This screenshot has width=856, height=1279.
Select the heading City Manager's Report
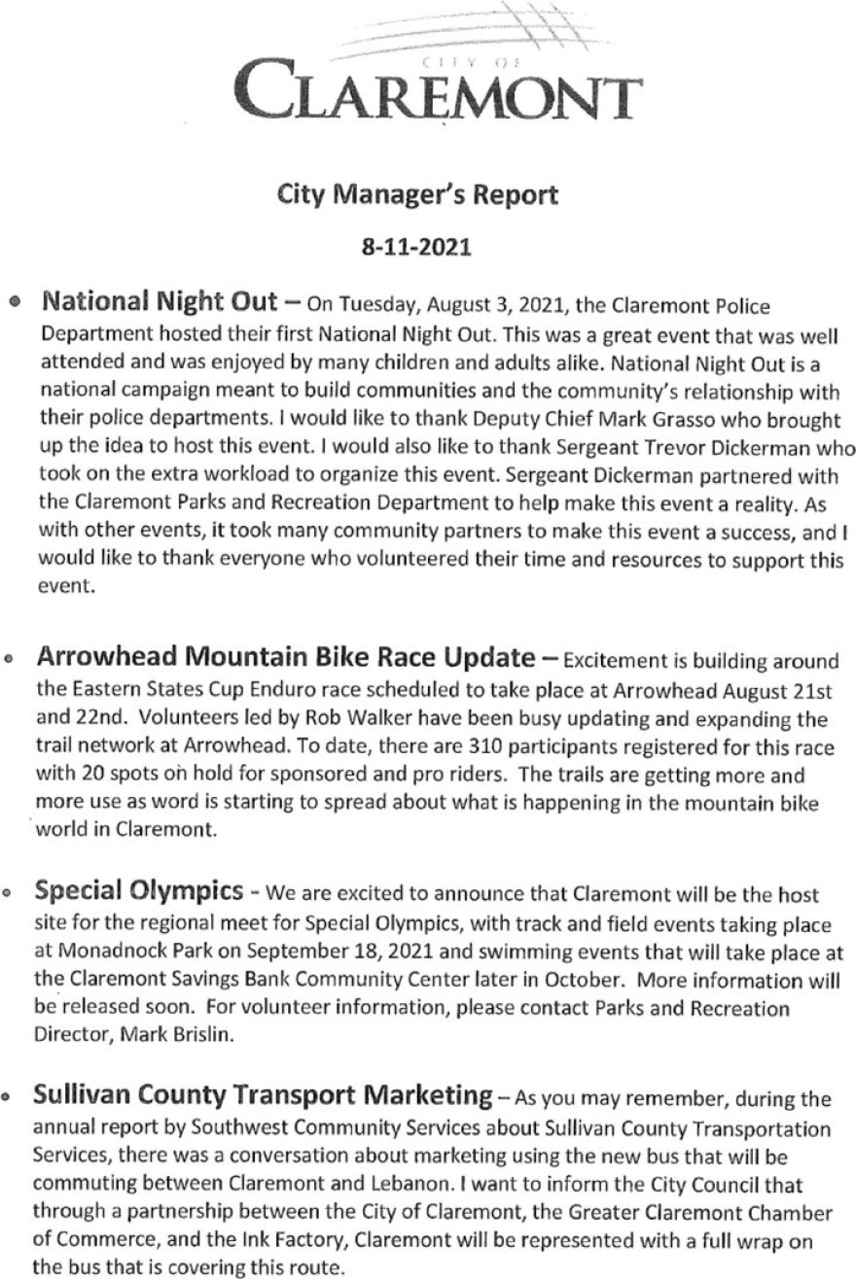(x=417, y=195)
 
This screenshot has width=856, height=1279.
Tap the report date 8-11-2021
(x=417, y=247)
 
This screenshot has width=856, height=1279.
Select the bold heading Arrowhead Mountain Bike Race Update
(x=285, y=658)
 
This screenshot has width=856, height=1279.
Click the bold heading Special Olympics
(x=138, y=890)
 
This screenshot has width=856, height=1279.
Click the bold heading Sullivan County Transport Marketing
(x=263, y=1095)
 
